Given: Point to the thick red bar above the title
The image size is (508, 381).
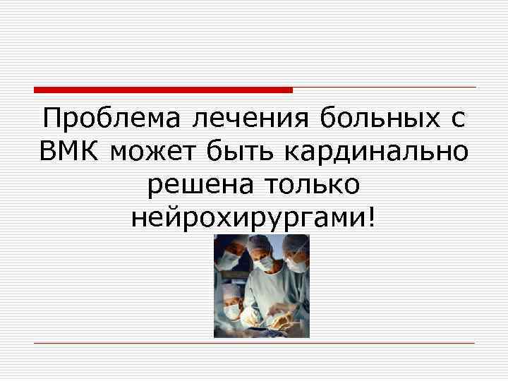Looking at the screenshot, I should pyautogui.click(x=163, y=90).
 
